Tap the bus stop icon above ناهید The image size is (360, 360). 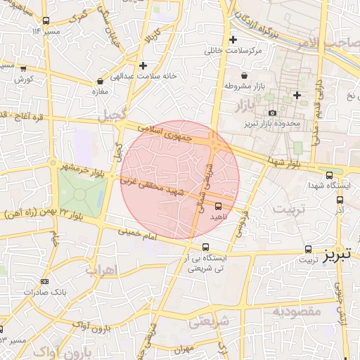218,206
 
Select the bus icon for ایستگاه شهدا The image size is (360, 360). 329,175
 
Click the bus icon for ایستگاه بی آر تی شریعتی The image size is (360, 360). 205,247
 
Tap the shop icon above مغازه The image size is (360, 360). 100,81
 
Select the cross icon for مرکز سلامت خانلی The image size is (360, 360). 233,40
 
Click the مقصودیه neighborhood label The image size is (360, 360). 297,311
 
